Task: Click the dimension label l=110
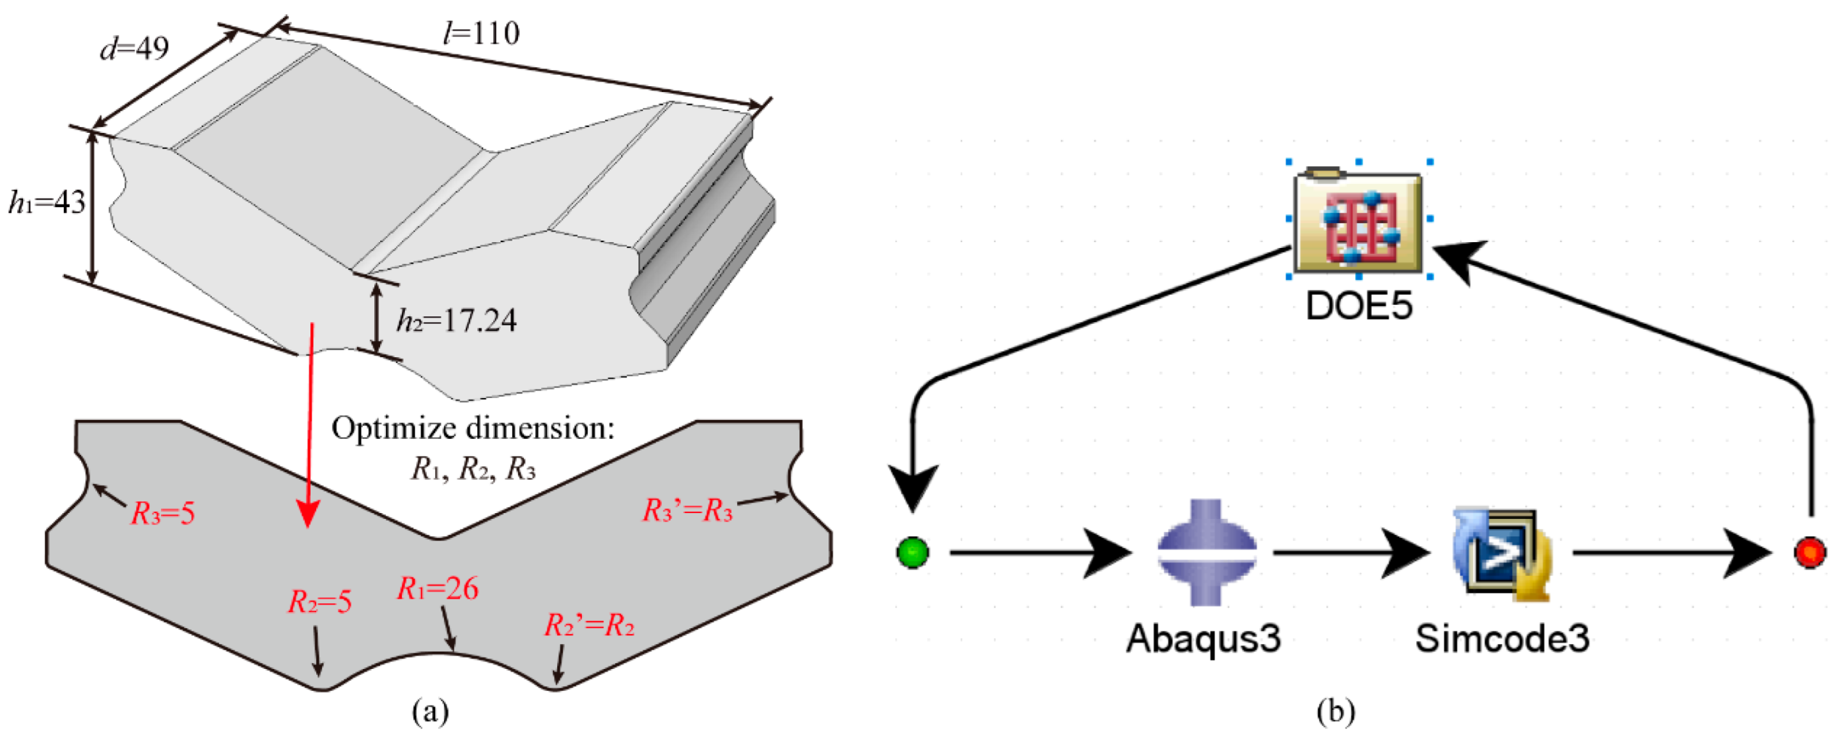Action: click(x=481, y=33)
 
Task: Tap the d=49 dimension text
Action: click(x=134, y=49)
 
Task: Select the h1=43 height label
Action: click(x=47, y=203)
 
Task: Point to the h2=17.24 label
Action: click(x=456, y=320)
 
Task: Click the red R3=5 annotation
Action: click(x=162, y=513)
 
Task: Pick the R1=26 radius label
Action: click(x=437, y=589)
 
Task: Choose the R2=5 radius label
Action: click(x=319, y=603)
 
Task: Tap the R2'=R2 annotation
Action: click(x=589, y=626)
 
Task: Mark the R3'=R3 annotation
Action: click(x=687, y=511)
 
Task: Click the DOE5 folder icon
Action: click(x=1358, y=222)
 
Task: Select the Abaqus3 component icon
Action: click(x=1206, y=553)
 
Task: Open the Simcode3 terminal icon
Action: click(x=1501, y=553)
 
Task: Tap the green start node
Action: click(x=912, y=553)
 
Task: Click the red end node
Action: click(x=1810, y=553)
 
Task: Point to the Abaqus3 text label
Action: click(x=1203, y=638)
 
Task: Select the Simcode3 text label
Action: click(x=1502, y=638)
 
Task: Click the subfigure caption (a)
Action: click(x=431, y=712)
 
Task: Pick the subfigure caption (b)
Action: click(x=1335, y=712)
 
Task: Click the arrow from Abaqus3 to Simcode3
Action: click(x=1350, y=553)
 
